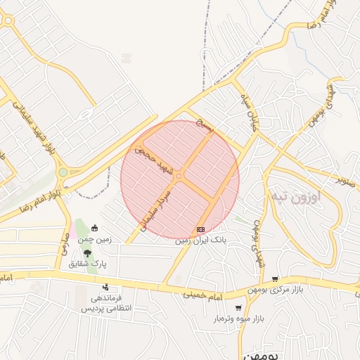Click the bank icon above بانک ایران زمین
tap(201, 229)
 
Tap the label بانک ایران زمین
tap(202, 240)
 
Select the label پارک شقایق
tap(88, 264)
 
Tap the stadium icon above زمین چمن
tap(95, 228)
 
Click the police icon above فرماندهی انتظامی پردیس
tap(105, 287)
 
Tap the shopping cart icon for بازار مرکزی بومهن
tap(275, 280)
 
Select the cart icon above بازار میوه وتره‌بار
tap(238, 308)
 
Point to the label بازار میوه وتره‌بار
tap(239, 319)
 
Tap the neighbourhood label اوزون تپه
tap(296, 197)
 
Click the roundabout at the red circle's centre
tap(180, 176)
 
